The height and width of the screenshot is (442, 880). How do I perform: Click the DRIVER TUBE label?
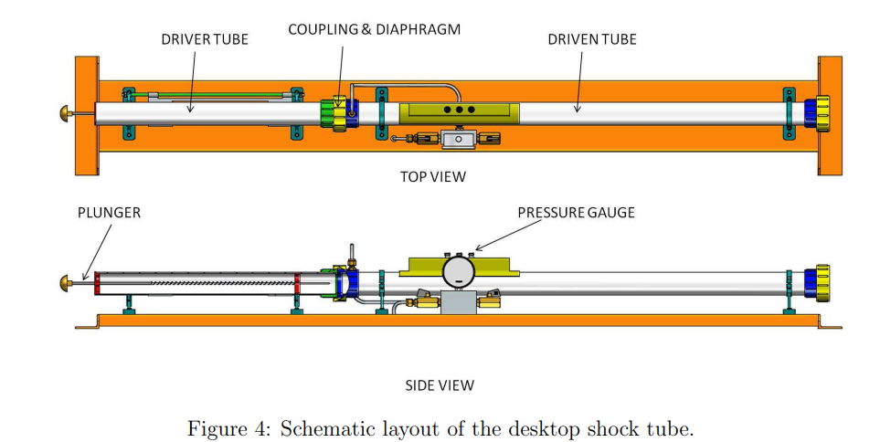click(x=205, y=39)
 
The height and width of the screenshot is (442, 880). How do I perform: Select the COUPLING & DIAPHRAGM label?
click(x=374, y=29)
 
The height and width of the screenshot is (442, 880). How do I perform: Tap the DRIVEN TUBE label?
click(x=592, y=39)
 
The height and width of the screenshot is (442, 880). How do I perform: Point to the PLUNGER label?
click(x=109, y=213)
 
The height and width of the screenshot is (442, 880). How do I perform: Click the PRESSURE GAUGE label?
click(x=576, y=213)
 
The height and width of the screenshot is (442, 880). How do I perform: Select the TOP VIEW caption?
click(x=432, y=176)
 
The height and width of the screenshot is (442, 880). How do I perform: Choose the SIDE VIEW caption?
click(x=440, y=385)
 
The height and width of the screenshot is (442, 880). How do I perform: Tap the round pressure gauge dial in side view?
click(x=459, y=271)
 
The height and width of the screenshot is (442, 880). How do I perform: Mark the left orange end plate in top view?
click(x=87, y=114)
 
